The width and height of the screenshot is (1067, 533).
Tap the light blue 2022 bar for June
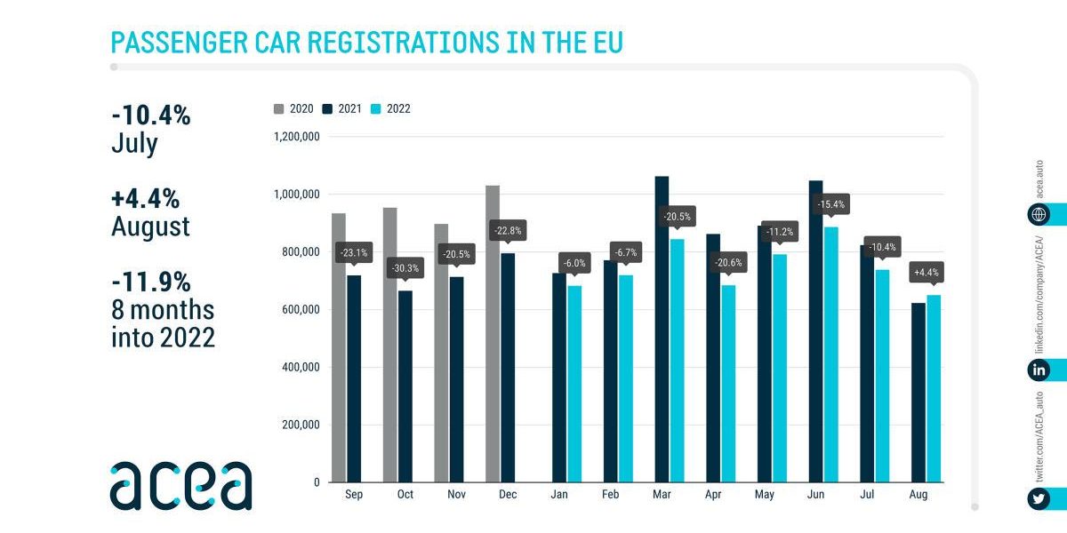pos(830,354)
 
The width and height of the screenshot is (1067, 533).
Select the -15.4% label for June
pos(830,204)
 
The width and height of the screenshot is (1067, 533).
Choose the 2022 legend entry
pos(390,109)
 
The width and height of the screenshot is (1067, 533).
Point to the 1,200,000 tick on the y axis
pos(297,137)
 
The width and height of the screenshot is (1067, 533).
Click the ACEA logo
pos(181,486)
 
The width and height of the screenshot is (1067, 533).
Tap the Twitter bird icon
pos(1037,499)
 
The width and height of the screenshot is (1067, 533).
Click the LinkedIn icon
pos(1037,370)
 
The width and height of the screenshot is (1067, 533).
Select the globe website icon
pos(1037,214)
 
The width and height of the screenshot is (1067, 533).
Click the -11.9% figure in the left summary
pos(151,282)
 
